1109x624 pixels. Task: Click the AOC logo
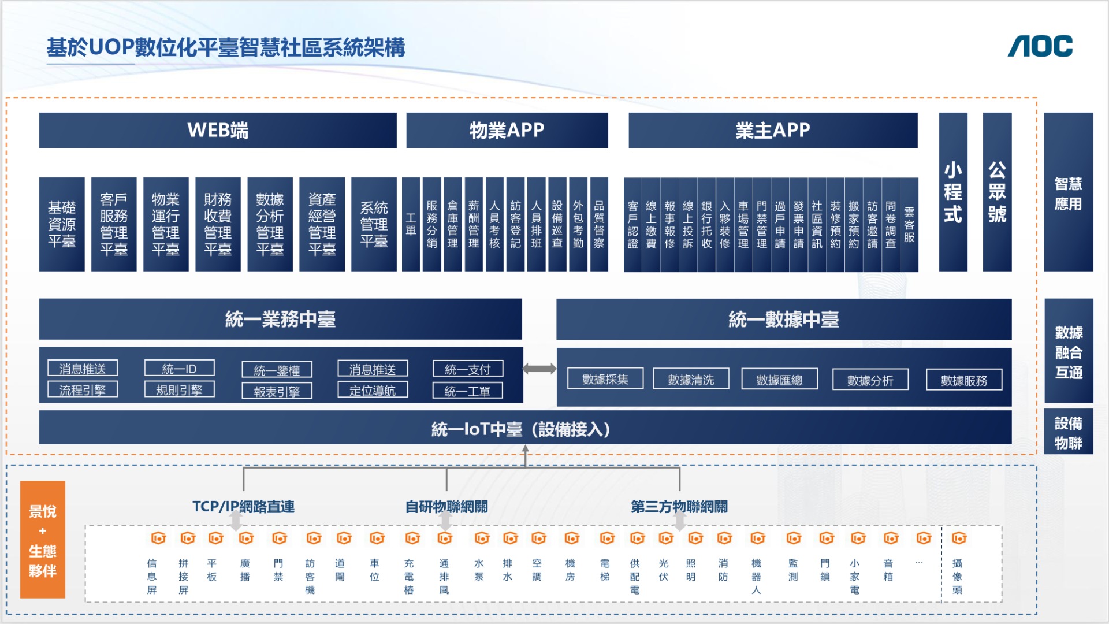(x=1040, y=46)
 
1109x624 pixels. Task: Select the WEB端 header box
(x=218, y=131)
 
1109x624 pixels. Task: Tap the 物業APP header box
(x=507, y=131)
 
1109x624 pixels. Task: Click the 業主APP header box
(x=773, y=131)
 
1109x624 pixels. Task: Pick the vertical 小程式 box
(x=953, y=192)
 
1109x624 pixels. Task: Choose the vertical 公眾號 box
(x=997, y=192)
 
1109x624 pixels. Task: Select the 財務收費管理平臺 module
(x=218, y=224)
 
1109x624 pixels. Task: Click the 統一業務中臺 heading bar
(x=280, y=319)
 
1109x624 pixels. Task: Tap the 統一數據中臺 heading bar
(x=784, y=319)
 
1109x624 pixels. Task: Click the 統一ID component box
(x=179, y=369)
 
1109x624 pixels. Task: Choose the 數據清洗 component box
(x=691, y=380)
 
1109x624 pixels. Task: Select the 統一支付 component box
(x=468, y=369)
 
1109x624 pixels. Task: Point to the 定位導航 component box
(x=373, y=391)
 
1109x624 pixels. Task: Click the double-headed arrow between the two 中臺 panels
(x=539, y=369)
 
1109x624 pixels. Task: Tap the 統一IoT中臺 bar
(x=524, y=429)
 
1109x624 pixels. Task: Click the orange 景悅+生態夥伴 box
(x=43, y=540)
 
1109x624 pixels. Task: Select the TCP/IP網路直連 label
(x=243, y=507)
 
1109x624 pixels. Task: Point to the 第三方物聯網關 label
(x=679, y=507)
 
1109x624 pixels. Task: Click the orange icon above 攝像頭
(x=959, y=538)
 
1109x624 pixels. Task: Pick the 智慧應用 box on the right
(x=1068, y=193)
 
